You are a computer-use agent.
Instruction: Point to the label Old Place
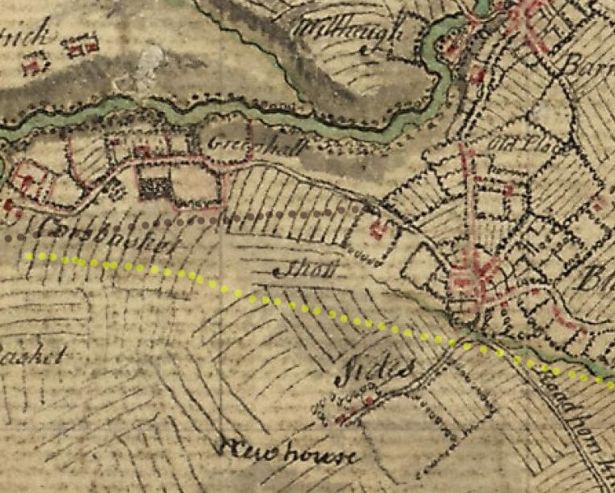(513, 146)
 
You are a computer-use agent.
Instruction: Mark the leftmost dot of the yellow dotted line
(29, 256)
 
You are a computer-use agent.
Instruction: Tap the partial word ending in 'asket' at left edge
(31, 356)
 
